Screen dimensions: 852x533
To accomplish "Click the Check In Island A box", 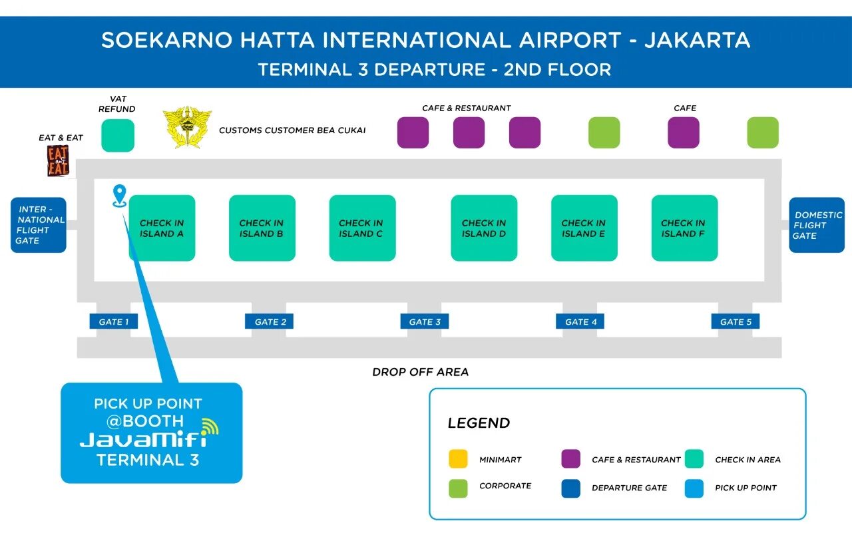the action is point(162,228).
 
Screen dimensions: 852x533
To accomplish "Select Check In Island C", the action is point(362,228).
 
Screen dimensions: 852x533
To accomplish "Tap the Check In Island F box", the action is point(684,228).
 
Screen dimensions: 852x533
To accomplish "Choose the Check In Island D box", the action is point(484,228).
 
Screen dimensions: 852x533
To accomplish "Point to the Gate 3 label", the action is point(425,322).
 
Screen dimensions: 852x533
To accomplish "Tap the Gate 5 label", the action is point(736,322).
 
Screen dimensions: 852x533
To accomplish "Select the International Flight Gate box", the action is point(39,225).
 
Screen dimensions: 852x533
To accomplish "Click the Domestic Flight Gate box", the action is point(817,225).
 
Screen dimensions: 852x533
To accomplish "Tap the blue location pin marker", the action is point(120,195).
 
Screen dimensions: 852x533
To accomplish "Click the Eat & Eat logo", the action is point(58,160).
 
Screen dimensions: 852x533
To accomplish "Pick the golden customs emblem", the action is point(188,127).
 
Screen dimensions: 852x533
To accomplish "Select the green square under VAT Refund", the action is point(118,135).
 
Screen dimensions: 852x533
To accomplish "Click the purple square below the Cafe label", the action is point(684,132).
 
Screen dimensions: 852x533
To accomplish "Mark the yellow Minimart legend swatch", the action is point(458,459).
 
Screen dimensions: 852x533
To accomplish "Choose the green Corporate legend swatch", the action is point(458,488).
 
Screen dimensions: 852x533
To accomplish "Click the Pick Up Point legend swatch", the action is point(694,488).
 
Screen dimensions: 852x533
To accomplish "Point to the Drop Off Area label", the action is point(420,372).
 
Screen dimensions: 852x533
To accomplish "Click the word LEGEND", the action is point(479,423).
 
